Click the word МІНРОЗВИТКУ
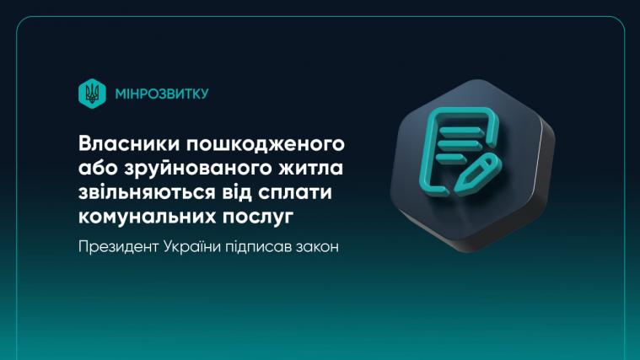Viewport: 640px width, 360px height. coord(161,93)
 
